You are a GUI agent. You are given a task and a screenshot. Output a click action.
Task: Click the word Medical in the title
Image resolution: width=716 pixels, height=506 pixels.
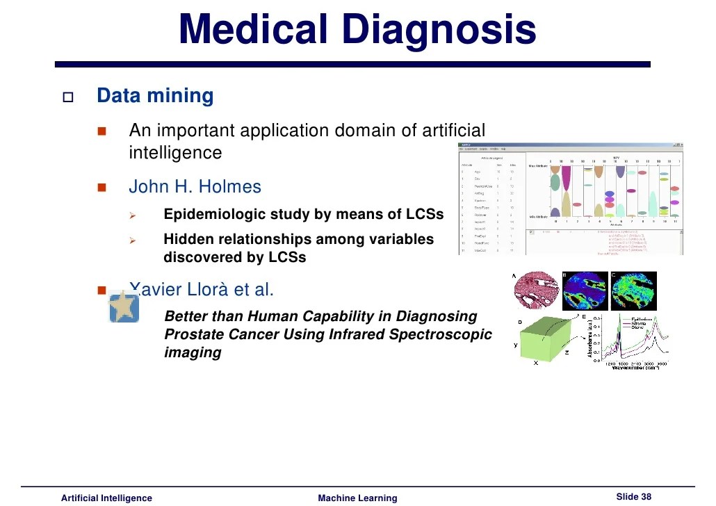[x=252, y=30]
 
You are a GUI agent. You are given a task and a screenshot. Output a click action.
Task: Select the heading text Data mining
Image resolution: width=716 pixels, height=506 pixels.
[x=155, y=96]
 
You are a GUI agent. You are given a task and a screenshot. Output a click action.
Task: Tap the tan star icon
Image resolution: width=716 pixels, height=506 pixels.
[x=124, y=307]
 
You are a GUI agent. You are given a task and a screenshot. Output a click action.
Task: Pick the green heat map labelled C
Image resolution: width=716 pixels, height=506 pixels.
[x=633, y=292]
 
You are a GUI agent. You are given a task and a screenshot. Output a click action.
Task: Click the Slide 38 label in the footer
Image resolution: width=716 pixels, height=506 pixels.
[x=633, y=496]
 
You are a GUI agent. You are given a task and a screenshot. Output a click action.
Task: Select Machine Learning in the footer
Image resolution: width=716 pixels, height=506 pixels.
[x=357, y=498]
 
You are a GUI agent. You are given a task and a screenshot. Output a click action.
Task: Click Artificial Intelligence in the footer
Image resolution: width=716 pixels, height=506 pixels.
[x=106, y=498]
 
